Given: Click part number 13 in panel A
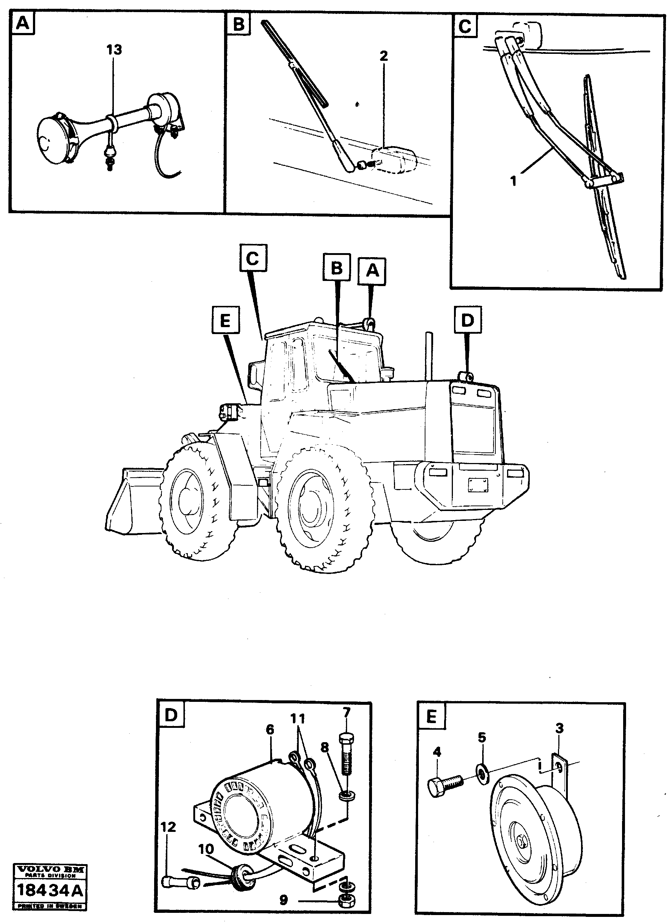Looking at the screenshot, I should (114, 50).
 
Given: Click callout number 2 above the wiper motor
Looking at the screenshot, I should (384, 56).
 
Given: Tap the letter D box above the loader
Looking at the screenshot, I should (468, 321).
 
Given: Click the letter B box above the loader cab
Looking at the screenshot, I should (337, 267).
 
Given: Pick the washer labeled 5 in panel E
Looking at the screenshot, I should (482, 775).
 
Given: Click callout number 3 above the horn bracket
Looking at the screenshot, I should (559, 729).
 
